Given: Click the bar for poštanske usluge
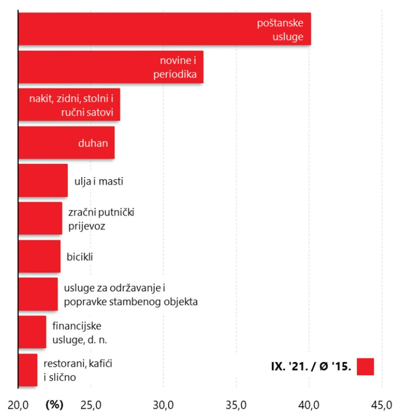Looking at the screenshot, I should click(164, 29).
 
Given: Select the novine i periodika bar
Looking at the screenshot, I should click(111, 67).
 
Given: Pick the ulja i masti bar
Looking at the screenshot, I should click(43, 180).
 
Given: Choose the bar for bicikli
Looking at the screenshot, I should click(39, 256).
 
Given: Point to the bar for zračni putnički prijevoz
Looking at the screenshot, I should click(40, 218).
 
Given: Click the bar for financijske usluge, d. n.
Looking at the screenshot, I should click(32, 332).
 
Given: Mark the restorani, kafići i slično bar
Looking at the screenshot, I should click(28, 370).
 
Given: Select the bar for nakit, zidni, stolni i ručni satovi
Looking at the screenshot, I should click(69, 104).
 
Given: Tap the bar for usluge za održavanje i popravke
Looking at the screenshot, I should click(38, 294).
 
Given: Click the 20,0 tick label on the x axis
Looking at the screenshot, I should click(18, 405).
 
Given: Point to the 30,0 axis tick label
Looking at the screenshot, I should click(163, 405).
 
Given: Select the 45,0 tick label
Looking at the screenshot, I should click(382, 405).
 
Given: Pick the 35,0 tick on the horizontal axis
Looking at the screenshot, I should click(236, 405).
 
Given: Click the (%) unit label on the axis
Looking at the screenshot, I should click(54, 405).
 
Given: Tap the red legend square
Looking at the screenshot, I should click(365, 367).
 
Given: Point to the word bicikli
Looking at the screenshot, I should click(80, 257).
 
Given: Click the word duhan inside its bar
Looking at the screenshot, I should click(93, 143).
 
